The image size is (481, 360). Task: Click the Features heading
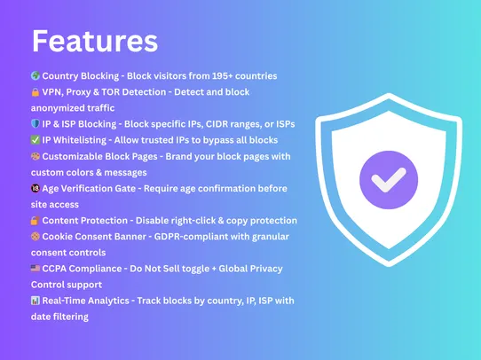coord(95,40)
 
